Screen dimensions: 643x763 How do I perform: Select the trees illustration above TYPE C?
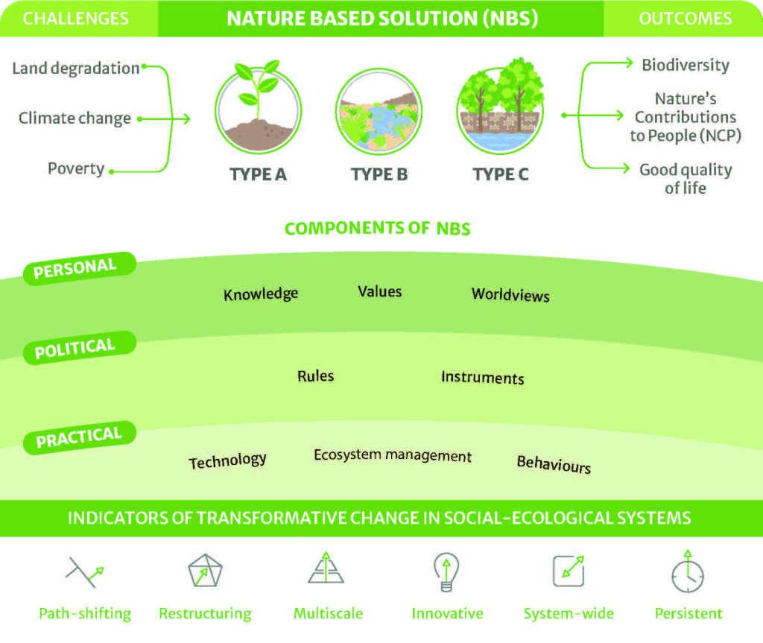coord(500,110)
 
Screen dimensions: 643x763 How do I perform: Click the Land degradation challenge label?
coord(76,69)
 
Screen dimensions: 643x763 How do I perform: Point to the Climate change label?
coord(75,118)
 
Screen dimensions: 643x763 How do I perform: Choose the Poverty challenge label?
coord(76,168)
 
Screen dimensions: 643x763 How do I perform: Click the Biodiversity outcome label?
coord(685,65)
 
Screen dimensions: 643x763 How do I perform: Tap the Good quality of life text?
coord(685,178)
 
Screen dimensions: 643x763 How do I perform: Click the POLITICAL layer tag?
coord(75,348)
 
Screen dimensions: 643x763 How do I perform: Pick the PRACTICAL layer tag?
coord(78,437)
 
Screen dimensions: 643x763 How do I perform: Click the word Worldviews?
coord(510,294)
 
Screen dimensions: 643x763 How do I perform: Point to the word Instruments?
coord(482,377)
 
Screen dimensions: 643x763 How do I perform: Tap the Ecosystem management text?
coord(393,455)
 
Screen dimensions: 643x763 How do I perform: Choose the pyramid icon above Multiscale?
coord(326,569)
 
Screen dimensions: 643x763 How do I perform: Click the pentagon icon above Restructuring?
coord(205,571)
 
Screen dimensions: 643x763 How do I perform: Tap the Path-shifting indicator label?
coord(85,614)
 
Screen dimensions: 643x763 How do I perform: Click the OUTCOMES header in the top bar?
coord(685,19)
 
